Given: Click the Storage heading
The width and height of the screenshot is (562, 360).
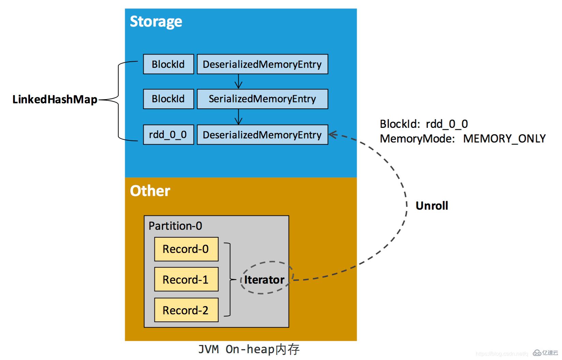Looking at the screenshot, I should tap(156, 21).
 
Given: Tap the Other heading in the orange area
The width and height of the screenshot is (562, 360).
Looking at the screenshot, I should tap(150, 191).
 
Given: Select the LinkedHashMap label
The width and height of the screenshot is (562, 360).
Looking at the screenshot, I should tap(55, 100).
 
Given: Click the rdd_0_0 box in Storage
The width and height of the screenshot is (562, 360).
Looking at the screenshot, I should tap(168, 135).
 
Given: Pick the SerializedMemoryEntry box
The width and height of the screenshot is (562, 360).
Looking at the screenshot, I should tap(262, 99).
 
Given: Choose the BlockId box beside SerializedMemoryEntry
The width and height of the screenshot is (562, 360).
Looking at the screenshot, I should tap(168, 99).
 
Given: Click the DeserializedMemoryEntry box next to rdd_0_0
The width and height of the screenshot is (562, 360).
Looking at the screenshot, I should tap(262, 135).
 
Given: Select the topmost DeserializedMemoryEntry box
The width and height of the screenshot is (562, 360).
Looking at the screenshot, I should tap(262, 64).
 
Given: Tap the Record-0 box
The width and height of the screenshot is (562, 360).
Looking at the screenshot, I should tap(186, 249).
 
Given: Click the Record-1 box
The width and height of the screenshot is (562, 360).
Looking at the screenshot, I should tap(186, 280).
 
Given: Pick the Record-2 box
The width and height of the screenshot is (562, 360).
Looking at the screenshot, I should tap(186, 310).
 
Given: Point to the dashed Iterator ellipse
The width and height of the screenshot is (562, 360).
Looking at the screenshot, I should tap(264, 278).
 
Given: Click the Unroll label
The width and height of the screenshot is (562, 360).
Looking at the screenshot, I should tap(431, 206).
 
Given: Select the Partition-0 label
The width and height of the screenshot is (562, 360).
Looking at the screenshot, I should tap(175, 226).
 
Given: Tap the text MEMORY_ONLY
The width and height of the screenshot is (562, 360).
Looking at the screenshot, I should tap(504, 139).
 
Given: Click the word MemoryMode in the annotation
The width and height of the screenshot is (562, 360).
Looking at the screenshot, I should tap(417, 139).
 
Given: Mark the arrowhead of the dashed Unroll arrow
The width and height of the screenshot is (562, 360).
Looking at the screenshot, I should tap(332, 135).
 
